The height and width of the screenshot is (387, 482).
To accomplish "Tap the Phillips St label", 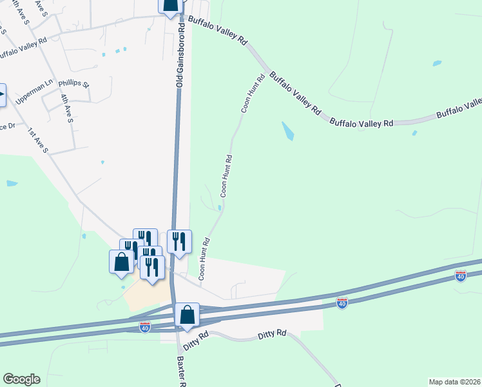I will point(74,84).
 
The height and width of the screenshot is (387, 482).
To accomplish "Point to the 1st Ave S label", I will point(38,141).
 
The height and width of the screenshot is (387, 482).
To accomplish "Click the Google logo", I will point(21,379).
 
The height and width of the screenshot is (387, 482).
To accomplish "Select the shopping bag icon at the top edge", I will point(169,6).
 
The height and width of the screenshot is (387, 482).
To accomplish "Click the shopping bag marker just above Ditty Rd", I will point(187,315).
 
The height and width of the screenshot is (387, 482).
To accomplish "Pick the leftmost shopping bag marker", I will point(121,262).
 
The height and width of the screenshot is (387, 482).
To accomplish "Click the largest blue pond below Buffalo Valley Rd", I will point(287,131).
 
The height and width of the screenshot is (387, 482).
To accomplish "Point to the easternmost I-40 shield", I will point(460,276).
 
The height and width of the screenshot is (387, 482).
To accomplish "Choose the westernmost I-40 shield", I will point(145,328).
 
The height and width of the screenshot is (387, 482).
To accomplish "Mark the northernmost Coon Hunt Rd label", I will point(253,94).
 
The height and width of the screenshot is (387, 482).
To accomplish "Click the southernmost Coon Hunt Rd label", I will point(204,259).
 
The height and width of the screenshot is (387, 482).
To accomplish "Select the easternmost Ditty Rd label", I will point(271,333).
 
